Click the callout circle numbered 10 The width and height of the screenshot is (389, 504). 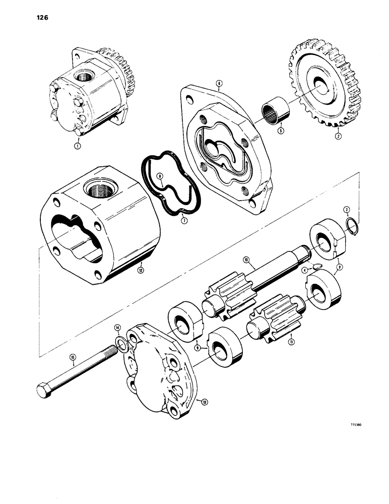(246, 260)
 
